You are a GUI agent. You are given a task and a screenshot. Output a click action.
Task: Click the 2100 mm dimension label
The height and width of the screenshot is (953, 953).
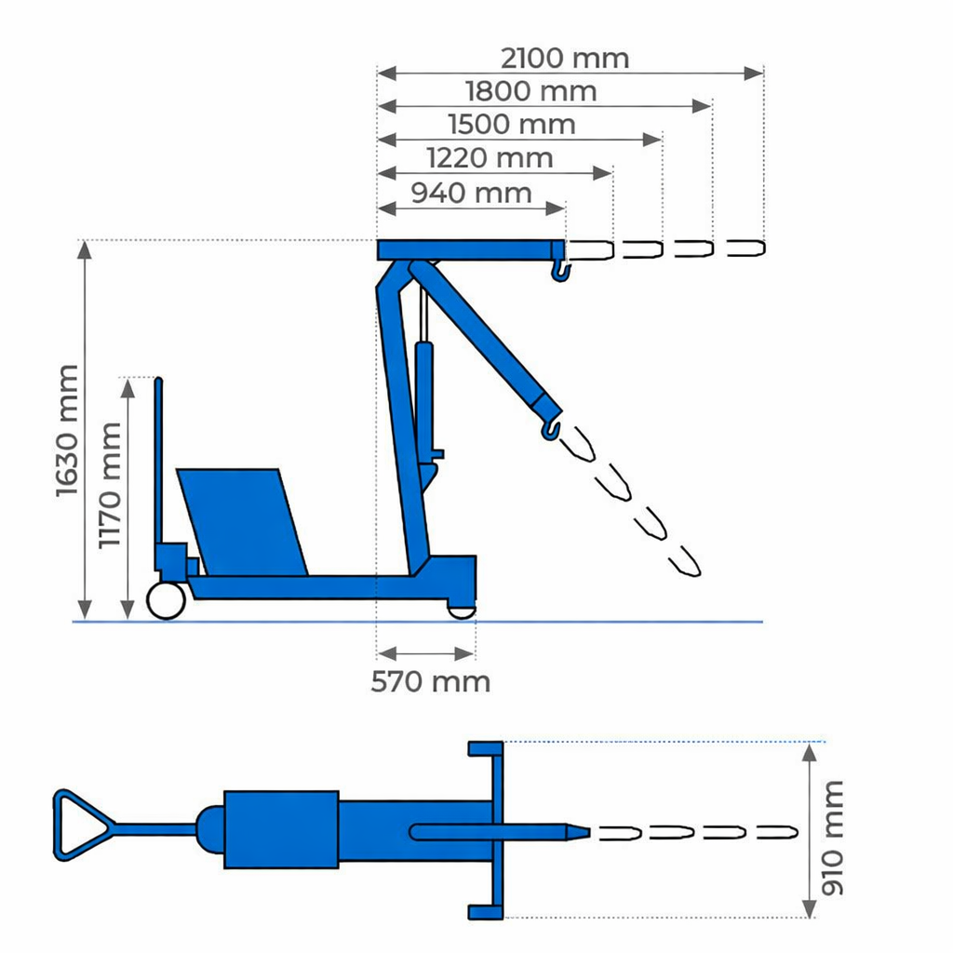[x=565, y=59]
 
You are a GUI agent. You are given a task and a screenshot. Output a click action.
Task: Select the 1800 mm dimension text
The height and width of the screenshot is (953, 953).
[x=530, y=91]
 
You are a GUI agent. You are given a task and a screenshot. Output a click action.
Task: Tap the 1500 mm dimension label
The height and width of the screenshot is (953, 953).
[x=511, y=124]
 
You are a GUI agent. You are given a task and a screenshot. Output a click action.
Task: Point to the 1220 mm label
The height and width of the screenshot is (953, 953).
[x=489, y=157]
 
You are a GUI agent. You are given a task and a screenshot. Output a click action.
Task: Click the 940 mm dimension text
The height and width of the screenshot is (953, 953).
[x=471, y=193]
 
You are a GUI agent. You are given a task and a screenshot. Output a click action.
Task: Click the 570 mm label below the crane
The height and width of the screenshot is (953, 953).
[x=430, y=681]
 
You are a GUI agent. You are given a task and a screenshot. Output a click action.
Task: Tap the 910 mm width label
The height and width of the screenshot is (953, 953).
[x=833, y=838]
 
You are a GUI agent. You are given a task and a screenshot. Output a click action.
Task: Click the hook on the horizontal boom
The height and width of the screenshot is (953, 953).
[x=560, y=271]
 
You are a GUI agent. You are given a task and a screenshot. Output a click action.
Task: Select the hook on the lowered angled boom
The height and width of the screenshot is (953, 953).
[x=552, y=429]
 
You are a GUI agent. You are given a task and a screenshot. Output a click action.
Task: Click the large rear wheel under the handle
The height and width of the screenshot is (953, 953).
[x=165, y=600]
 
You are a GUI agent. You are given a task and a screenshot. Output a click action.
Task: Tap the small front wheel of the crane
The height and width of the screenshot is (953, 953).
[x=462, y=610]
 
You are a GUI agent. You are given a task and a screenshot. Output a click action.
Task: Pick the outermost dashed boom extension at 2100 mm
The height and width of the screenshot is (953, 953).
[x=745, y=248]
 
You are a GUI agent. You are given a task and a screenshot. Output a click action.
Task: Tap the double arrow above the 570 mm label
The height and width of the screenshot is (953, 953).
[x=426, y=652]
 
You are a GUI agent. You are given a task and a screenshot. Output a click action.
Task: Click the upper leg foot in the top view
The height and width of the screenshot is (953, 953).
[x=485, y=748]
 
